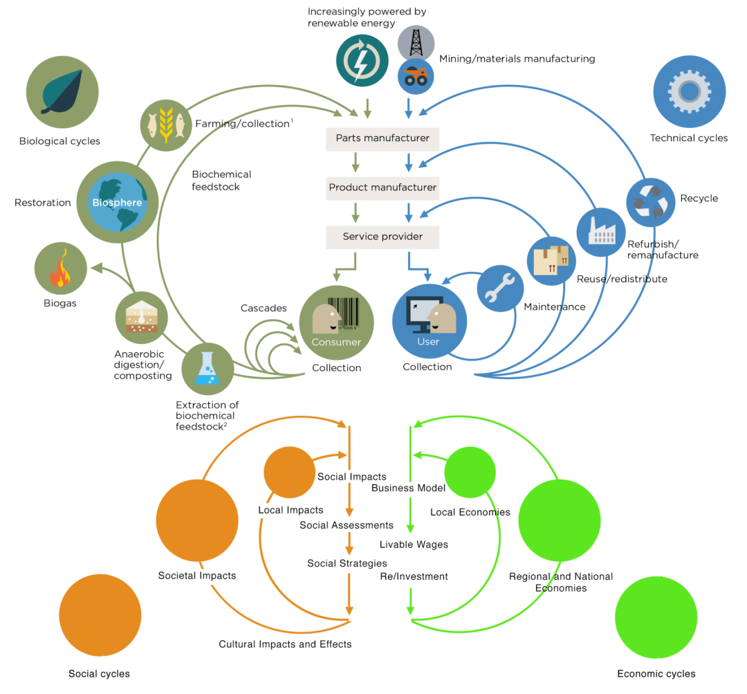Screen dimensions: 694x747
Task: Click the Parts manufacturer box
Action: click(x=382, y=138)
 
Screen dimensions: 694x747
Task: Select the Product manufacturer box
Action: click(x=382, y=188)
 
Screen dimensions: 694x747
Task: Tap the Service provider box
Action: click(x=382, y=237)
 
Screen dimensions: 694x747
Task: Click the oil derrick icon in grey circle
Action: click(x=416, y=43)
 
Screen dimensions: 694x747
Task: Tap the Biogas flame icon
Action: click(x=61, y=269)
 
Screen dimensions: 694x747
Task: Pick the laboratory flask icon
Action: click(x=207, y=369)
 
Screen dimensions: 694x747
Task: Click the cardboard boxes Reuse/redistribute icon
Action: click(x=551, y=260)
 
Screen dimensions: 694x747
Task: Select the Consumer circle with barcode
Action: click(x=336, y=322)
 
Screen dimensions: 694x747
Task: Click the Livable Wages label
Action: click(x=414, y=545)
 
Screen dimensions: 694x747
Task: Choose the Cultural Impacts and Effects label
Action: click(x=285, y=644)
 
